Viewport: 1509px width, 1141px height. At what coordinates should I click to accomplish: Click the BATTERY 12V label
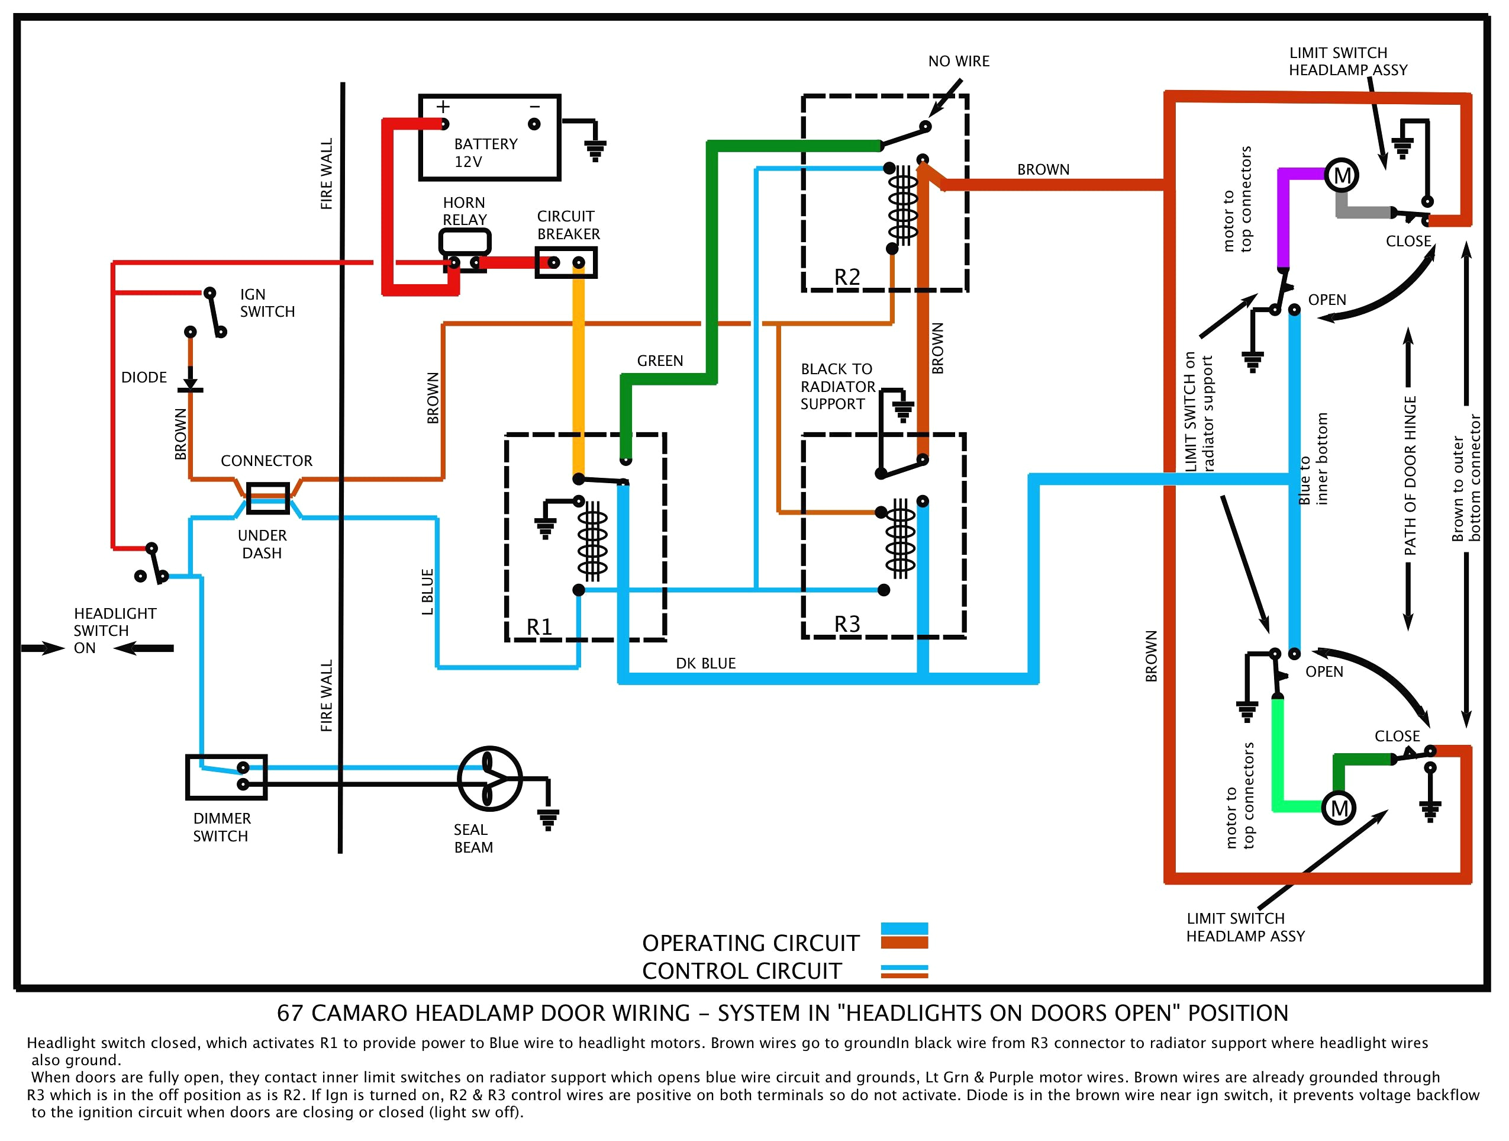[485, 153]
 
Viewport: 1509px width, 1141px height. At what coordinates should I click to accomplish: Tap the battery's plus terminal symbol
[443, 107]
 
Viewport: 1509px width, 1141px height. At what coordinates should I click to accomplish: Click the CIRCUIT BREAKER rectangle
[566, 263]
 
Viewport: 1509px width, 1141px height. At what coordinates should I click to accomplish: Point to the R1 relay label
[539, 626]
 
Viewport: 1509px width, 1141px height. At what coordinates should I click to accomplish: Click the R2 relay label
[847, 277]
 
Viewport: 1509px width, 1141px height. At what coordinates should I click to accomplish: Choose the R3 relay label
[847, 623]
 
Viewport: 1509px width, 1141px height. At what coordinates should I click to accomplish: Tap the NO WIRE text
[959, 62]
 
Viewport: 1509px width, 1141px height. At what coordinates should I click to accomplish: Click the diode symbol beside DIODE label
[191, 382]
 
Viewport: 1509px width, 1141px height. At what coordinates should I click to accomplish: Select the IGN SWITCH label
[267, 303]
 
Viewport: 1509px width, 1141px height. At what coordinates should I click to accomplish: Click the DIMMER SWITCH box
[227, 777]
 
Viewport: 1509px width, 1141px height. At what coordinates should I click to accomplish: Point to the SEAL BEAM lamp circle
[489, 778]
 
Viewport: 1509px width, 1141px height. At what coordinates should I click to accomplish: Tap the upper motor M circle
[1342, 176]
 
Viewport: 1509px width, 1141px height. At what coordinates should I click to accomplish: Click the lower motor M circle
[1339, 809]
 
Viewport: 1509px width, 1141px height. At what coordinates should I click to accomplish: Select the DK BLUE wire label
[705, 663]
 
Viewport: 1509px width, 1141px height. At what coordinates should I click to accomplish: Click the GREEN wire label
[660, 361]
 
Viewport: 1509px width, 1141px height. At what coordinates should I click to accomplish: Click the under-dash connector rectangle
[267, 499]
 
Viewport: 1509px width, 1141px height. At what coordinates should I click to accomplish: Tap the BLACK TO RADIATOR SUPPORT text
[837, 386]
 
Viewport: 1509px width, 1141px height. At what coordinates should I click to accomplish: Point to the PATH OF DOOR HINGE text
[1410, 475]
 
